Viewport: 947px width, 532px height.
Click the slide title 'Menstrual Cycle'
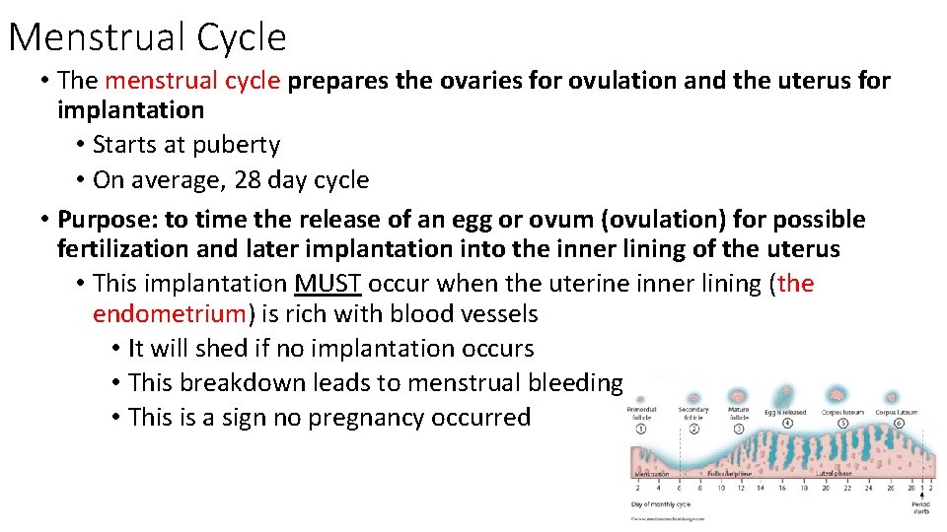pos(147,37)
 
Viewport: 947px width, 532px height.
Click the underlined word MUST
pos(329,284)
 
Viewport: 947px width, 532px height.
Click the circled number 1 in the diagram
pos(642,429)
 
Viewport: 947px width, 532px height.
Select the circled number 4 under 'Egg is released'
pos(787,424)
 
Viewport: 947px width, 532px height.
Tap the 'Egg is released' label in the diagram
pos(786,412)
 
